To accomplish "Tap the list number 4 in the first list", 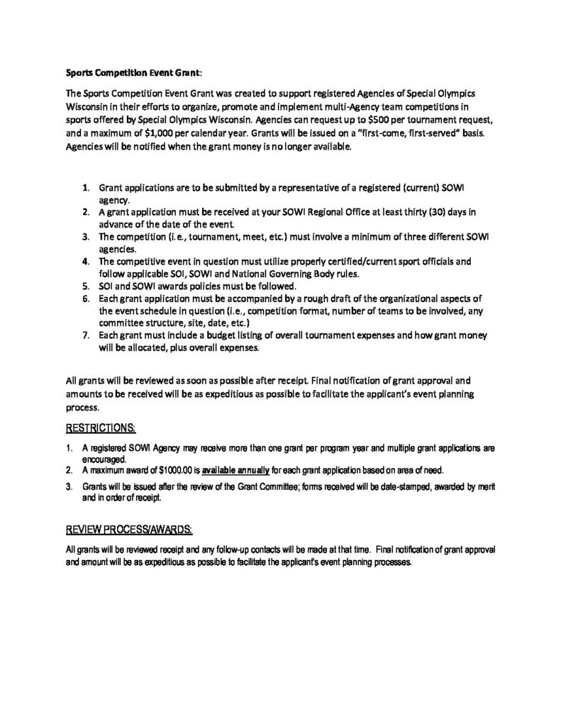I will point(84,261).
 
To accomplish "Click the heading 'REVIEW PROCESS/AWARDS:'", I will point(128,529).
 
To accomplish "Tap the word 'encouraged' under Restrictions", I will point(102,459).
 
